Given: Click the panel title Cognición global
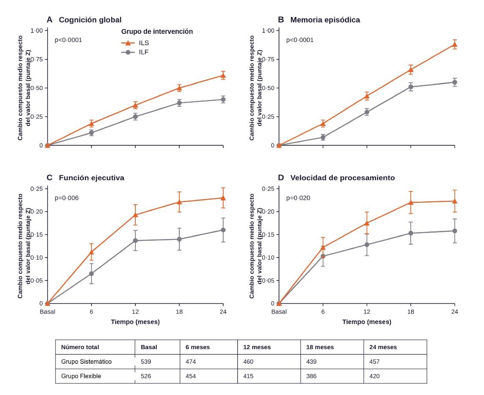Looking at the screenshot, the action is (90, 20).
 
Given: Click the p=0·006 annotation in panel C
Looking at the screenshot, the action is (67, 198).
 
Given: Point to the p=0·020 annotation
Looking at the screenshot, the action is (298, 198).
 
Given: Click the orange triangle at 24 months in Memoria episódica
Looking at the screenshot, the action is (454, 45).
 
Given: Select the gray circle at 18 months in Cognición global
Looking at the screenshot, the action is (179, 103).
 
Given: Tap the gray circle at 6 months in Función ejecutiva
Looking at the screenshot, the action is (91, 274).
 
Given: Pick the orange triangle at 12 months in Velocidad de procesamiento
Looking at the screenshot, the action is (367, 223).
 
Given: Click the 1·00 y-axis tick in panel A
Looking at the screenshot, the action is (37, 30).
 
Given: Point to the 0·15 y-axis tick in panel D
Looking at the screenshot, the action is (268, 235).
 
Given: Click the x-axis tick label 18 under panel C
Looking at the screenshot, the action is (179, 312).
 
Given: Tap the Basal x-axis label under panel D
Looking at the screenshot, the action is (279, 312).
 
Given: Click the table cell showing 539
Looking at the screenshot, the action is (146, 362).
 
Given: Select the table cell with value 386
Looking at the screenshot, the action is (311, 376).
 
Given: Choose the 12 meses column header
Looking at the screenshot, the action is (257, 347).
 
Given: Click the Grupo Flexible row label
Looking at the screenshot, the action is (81, 376).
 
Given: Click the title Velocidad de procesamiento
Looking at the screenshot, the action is (343, 178).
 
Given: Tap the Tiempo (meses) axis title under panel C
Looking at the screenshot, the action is (135, 322).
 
